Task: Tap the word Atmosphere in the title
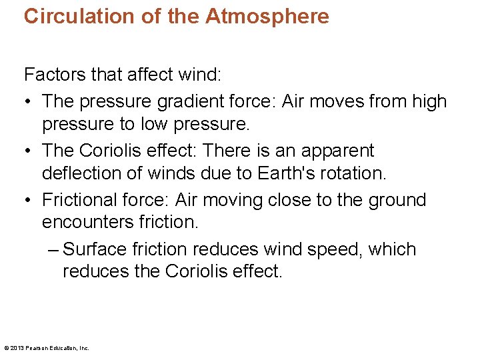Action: coord(267,16)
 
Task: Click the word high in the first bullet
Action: coord(429,101)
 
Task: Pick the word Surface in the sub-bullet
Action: coord(94,249)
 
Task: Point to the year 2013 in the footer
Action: coord(18,347)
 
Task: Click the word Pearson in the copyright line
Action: coord(37,347)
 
